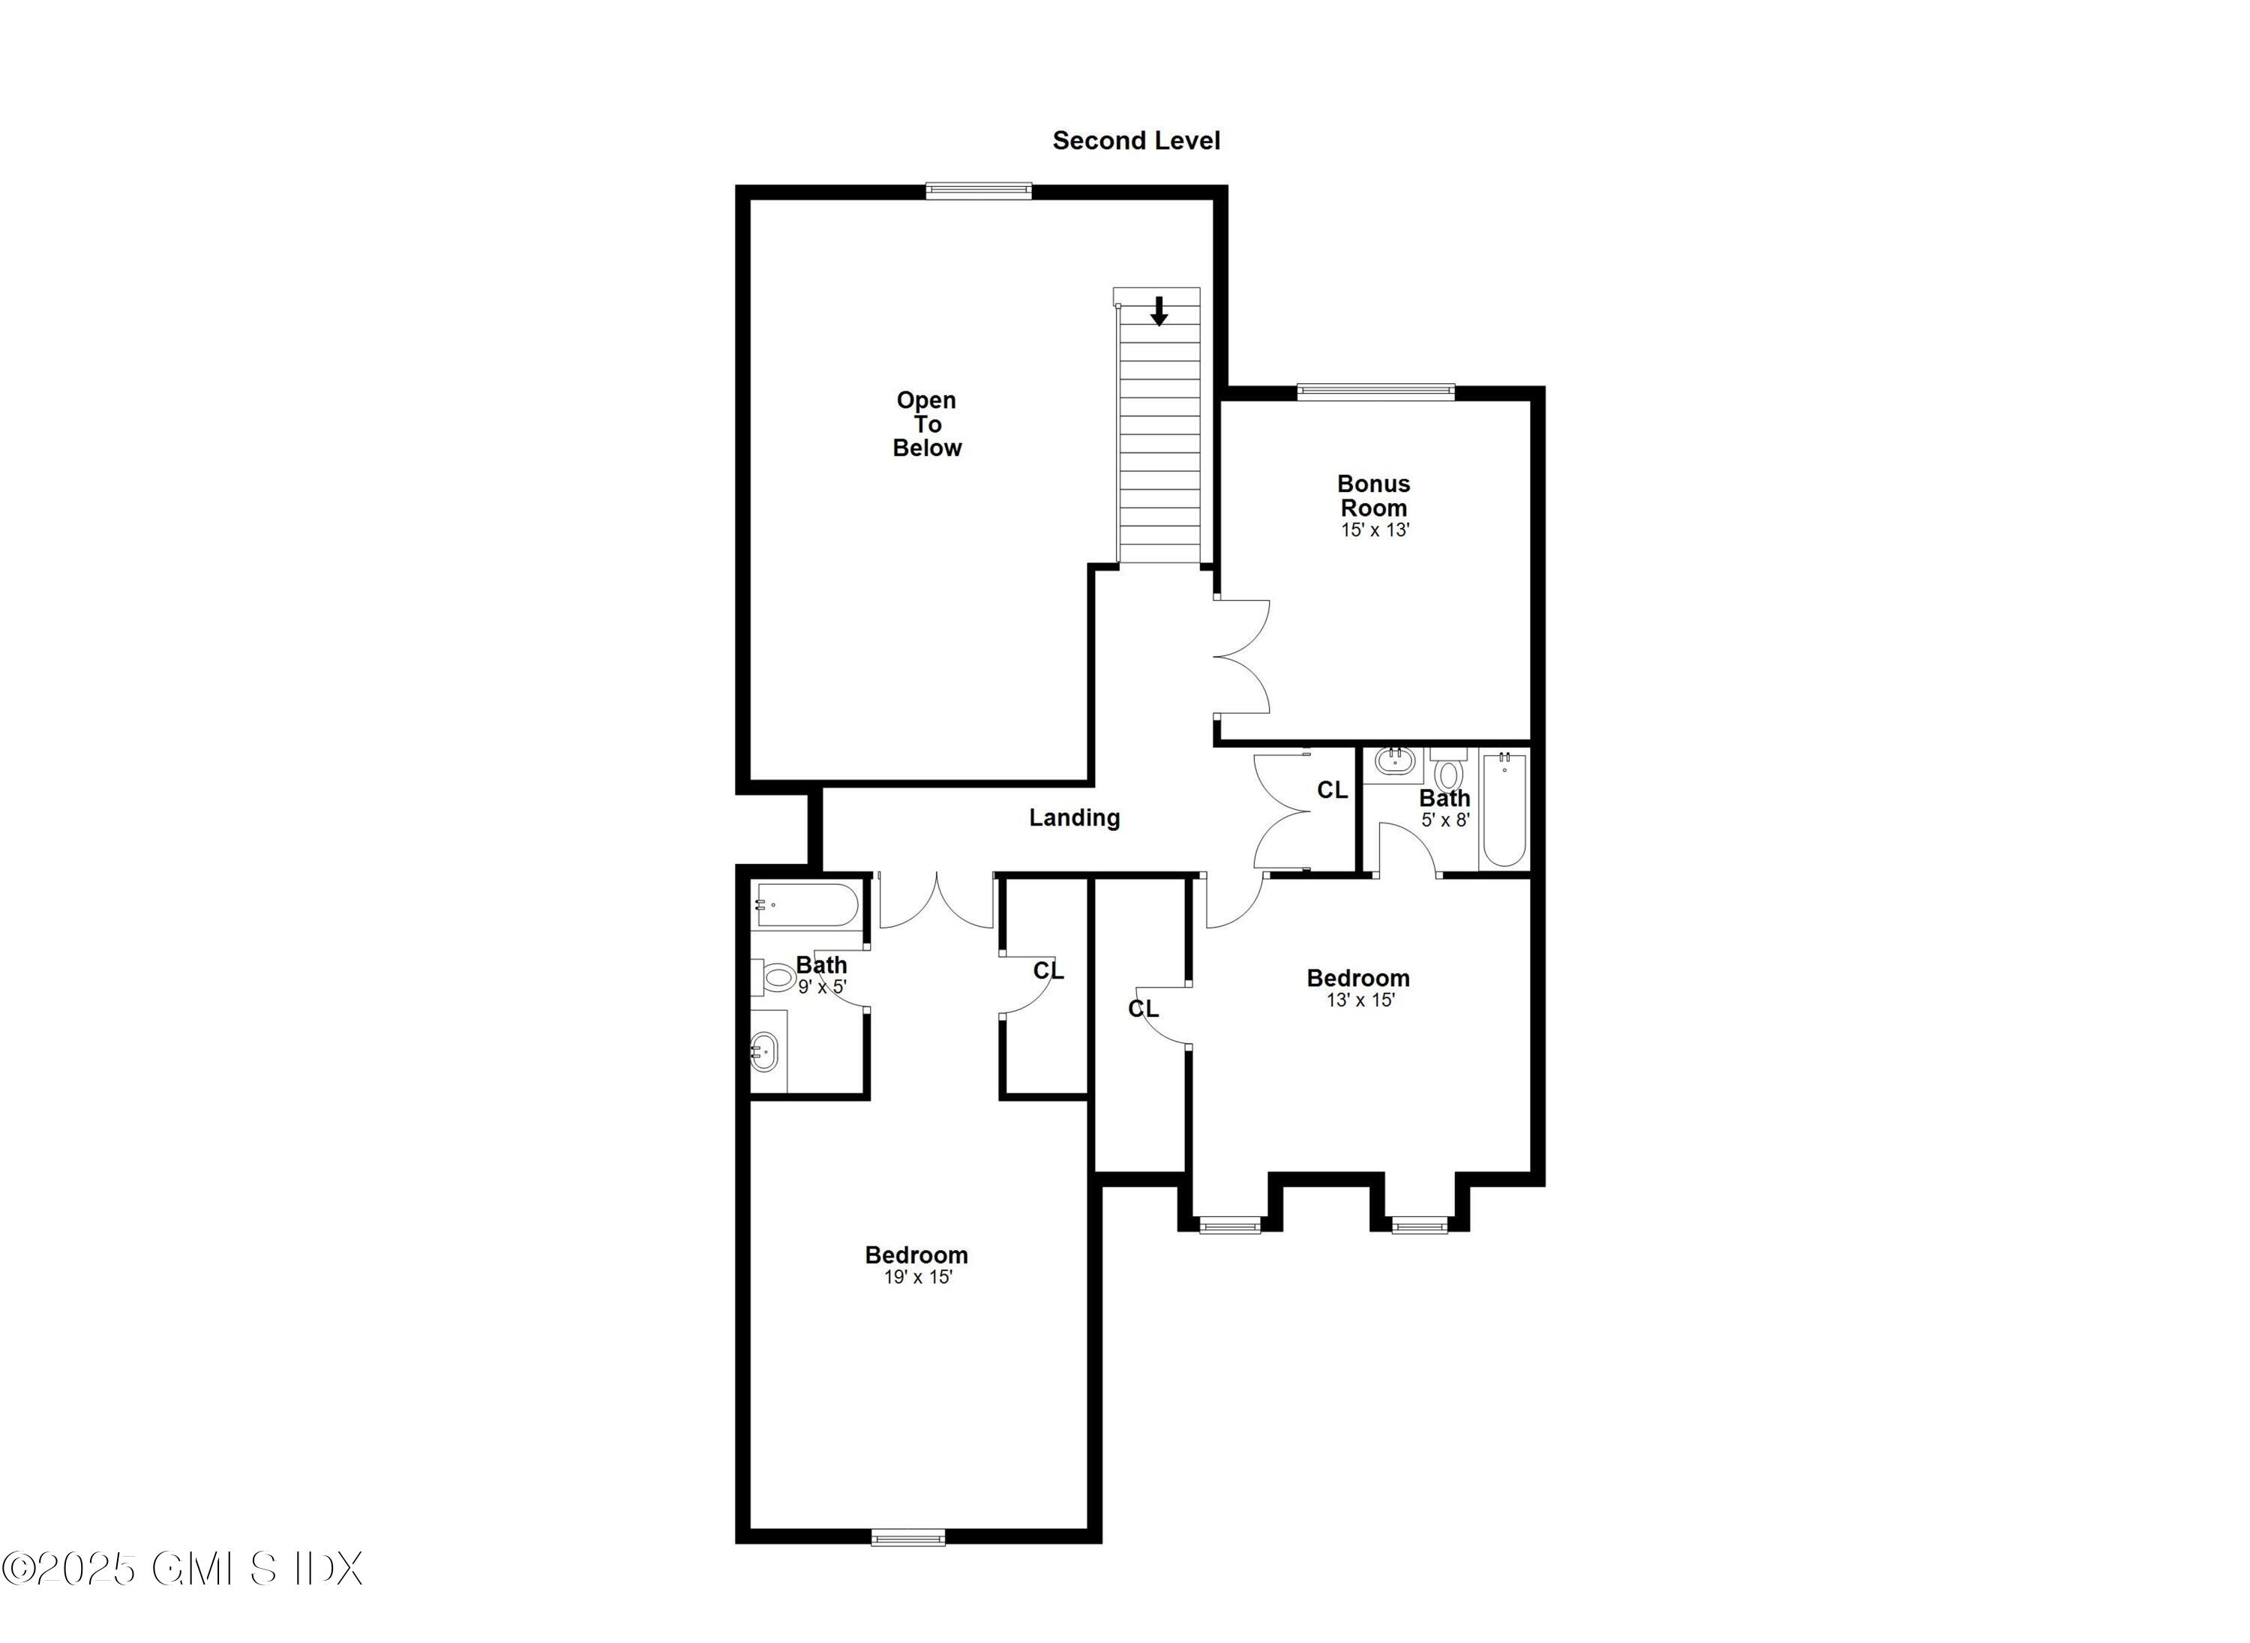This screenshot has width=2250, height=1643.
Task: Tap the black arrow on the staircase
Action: tap(1158, 311)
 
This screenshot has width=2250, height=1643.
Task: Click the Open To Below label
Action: tap(926, 424)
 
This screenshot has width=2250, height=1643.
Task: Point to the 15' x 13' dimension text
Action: tap(1375, 530)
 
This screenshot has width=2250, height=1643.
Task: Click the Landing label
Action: tap(1073, 817)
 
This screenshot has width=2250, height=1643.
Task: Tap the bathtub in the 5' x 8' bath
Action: tap(1503, 811)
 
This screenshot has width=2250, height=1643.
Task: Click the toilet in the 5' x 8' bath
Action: tap(1449, 773)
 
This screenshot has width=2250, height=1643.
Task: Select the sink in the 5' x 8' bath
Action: tap(1393, 763)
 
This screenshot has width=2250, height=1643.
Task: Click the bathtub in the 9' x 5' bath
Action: tap(805, 906)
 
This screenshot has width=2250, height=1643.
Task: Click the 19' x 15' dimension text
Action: tap(917, 1277)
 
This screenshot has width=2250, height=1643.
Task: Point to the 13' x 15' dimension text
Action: tap(1360, 1000)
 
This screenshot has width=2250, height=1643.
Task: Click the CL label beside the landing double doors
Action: tap(1331, 790)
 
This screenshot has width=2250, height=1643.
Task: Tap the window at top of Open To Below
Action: tap(978, 191)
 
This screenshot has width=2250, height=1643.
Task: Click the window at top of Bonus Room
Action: tap(1375, 392)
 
